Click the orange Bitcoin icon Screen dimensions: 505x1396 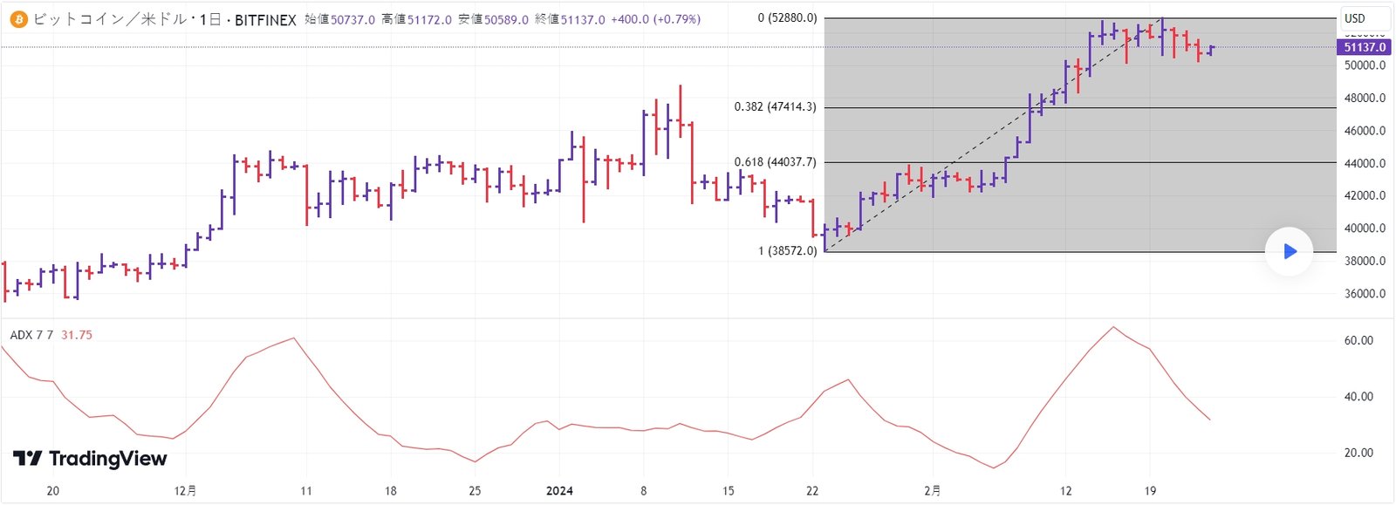coord(18,19)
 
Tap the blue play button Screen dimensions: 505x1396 coord(1289,252)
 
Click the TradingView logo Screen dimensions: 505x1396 coord(90,459)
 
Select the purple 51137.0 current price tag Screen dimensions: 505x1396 coord(1364,47)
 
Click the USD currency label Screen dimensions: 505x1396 coord(1355,18)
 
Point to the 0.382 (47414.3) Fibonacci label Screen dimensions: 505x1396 coord(775,107)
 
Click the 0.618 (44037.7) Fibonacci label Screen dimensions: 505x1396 coord(775,162)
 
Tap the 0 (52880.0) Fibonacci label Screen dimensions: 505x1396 coord(787,18)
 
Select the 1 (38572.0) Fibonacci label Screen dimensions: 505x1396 coord(787,251)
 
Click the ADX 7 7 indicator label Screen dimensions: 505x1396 coord(31,335)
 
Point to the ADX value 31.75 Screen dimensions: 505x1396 coord(77,335)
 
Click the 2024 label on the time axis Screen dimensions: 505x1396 coord(559,491)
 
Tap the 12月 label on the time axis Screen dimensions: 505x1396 coord(185,491)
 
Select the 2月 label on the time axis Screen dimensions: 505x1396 coord(932,491)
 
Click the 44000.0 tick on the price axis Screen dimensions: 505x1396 coord(1365,163)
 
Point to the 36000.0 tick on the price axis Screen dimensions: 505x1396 coord(1365,294)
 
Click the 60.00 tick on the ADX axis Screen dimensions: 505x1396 coord(1358,341)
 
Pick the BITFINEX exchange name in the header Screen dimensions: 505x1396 coord(265,19)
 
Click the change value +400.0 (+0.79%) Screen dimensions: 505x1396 coord(654,19)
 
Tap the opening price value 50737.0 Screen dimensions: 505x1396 coord(352,19)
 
